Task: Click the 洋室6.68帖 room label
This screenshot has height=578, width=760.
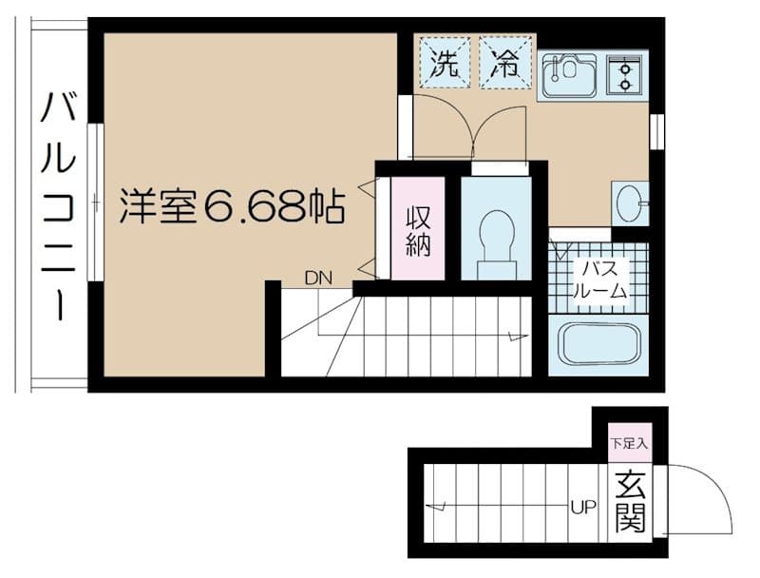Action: tap(232, 206)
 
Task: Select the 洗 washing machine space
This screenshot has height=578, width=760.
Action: tap(445, 63)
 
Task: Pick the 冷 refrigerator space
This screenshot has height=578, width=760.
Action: tap(505, 63)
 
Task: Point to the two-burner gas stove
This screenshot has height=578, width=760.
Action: tap(625, 75)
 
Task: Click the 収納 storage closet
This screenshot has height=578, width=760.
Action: tap(418, 228)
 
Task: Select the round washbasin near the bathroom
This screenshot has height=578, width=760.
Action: tap(628, 203)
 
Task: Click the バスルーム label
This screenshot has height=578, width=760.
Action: tap(600, 279)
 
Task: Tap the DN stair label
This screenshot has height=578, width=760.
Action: tap(318, 279)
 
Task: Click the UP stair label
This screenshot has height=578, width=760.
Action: tap(583, 508)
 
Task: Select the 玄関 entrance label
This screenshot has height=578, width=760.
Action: tap(630, 501)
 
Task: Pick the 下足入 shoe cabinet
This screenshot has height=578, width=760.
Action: tap(629, 443)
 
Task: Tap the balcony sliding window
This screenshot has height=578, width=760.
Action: tap(96, 202)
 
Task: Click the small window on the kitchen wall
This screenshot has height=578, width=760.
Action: tap(656, 131)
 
